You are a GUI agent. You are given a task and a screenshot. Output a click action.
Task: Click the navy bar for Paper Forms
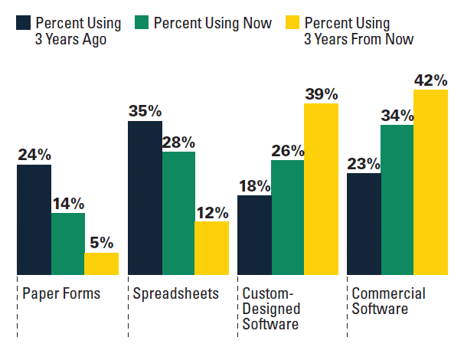pos(34,219)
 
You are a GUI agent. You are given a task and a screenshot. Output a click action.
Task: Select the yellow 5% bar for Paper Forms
pos(102,263)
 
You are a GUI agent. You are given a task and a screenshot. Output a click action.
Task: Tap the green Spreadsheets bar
pos(178,213)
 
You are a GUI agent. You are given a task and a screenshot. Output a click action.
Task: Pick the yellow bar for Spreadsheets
pos(211,248)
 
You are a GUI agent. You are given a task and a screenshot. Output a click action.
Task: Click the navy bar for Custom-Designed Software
pos(254,235)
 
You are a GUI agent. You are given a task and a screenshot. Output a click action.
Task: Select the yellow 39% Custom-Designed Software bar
pos(321,189)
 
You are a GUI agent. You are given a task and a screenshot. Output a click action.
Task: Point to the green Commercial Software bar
pos(397,199)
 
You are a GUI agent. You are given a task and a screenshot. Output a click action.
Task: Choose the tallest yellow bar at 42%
pos(431,182)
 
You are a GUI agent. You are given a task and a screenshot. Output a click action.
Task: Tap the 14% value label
pos(68,203)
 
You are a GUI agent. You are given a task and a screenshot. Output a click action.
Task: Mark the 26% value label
pos(288,149)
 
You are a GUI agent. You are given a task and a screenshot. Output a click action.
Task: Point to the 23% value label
pos(364,163)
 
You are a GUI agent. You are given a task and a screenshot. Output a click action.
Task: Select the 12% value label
pos(211,211)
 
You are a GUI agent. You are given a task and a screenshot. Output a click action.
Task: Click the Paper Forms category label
pos(61,294)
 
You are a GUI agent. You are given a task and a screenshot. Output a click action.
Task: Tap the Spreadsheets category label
pos(175,294)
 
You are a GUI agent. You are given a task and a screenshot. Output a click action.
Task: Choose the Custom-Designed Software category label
pos(271,309)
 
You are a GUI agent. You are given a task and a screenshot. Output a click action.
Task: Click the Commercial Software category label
pos(388,301)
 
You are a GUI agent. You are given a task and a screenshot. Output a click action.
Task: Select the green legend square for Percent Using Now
pos(142,23)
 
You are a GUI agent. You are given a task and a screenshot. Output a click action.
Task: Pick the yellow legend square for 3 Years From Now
pos(293,23)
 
